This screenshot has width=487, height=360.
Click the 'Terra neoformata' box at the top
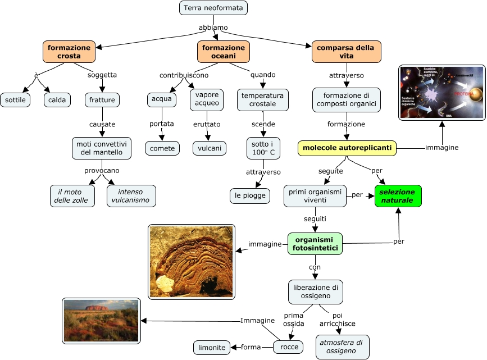point(213,8)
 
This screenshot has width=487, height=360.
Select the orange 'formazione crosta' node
point(69,52)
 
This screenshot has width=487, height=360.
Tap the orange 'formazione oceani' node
point(224,52)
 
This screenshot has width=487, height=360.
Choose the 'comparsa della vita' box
point(346,52)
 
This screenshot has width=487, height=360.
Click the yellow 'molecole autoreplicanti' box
point(347,148)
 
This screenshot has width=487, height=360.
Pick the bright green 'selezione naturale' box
point(398,196)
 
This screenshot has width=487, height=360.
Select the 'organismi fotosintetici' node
point(316,244)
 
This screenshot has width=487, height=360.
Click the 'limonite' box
point(212,348)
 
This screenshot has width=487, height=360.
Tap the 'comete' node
point(162,148)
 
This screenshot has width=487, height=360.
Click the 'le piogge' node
point(250,195)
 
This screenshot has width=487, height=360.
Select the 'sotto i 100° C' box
point(263,148)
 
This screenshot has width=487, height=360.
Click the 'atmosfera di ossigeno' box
point(342,347)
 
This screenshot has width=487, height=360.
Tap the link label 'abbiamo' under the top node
point(213,27)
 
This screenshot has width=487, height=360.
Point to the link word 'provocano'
point(102,170)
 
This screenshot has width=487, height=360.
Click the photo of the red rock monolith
point(101,321)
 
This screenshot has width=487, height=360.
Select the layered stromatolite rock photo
point(191,261)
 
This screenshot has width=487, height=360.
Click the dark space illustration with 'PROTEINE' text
point(442,93)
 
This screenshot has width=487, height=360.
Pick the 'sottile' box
point(15,101)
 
